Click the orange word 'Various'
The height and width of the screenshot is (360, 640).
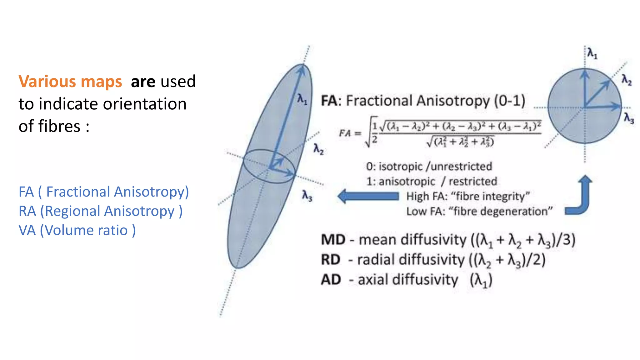point(47,82)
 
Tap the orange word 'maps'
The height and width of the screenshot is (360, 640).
point(101,82)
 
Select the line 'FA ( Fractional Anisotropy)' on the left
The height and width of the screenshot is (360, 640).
point(104,192)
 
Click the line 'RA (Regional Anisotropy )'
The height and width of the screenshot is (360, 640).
point(101,211)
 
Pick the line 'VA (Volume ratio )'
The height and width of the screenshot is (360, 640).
point(77,231)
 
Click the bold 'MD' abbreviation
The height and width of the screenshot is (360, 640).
point(333,240)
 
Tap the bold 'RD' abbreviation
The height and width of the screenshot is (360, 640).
point(331,260)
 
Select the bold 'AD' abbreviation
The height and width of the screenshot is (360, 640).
point(331,280)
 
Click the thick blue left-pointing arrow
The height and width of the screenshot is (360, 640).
point(368,196)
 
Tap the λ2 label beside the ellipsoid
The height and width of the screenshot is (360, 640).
point(318,149)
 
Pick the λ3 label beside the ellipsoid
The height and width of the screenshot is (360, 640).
point(307,196)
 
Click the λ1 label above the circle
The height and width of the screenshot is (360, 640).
point(592,53)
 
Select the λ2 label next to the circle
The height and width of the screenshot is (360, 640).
point(626,80)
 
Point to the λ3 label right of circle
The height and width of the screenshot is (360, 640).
point(629,118)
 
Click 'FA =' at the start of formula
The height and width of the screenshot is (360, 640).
point(350,133)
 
